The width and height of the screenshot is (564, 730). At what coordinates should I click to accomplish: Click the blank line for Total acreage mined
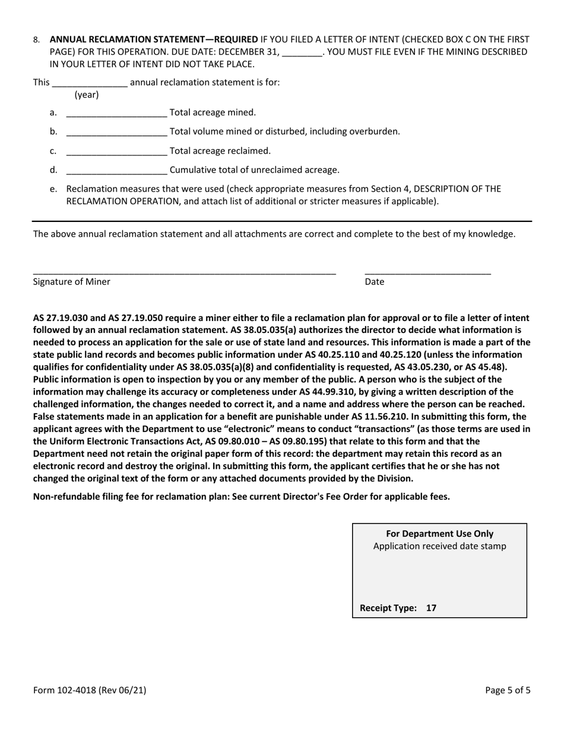coord(116,113)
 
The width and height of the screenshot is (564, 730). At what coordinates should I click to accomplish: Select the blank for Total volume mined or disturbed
coord(116,132)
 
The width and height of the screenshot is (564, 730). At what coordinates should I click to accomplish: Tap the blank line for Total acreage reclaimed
coord(116,152)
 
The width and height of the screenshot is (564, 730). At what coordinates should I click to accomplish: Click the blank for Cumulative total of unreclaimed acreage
coord(116,171)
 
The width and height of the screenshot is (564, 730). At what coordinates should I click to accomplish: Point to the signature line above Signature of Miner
coord(184,272)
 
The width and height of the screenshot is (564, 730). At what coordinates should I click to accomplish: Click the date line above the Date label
coord(427,272)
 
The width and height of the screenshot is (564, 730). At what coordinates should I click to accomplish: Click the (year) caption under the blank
coord(86,95)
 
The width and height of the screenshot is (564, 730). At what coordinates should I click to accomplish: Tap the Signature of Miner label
coord(71,282)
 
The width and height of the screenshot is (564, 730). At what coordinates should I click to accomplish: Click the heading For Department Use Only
coord(439,534)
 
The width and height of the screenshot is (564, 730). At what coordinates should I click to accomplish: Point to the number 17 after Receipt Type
coord(431,608)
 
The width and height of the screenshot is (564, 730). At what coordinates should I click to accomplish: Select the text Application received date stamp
coord(439,547)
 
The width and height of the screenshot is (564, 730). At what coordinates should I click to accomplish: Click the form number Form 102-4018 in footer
coord(90,690)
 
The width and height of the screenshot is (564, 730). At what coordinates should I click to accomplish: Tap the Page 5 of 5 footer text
coord(508,690)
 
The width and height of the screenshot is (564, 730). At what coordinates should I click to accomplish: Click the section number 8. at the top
coord(37,40)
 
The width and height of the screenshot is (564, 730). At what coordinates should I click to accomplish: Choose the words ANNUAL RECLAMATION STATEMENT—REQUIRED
coord(154,40)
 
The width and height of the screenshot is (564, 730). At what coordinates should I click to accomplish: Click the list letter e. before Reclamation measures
coord(53,189)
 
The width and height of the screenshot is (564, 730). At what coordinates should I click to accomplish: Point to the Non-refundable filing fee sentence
coord(241,497)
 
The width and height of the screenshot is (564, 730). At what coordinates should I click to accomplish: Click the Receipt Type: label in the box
coord(388,608)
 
